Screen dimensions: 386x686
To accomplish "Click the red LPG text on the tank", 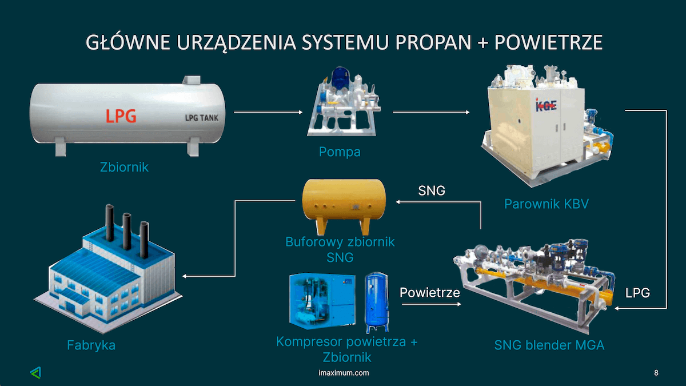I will coord(121,116).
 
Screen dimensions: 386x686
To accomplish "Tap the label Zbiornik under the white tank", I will coord(124,167).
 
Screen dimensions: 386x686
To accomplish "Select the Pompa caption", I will coord(340,152).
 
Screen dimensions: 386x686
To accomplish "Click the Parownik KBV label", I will coord(546,204).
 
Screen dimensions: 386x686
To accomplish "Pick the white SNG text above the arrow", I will coord(432,190).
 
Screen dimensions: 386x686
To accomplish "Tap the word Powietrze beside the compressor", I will coord(430,293).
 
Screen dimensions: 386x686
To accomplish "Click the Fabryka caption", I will coord(91,345).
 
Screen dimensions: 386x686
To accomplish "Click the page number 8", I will coord(656,373).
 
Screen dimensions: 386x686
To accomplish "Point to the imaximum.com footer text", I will coord(343,373).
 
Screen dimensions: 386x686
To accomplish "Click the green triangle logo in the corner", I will coord(35,372).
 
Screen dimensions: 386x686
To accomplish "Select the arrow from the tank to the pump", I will coord(269,113).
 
